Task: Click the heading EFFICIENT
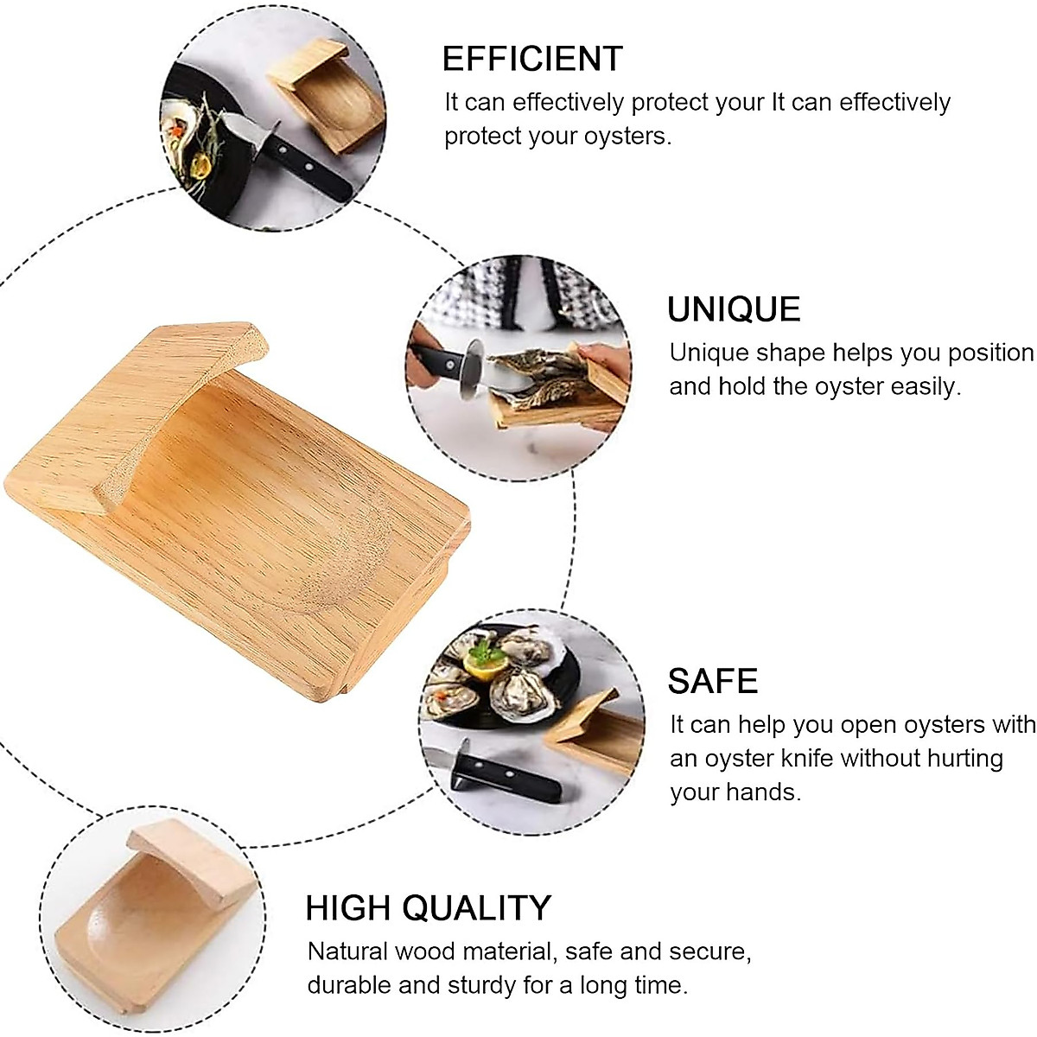[x=531, y=59]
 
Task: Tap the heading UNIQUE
[x=734, y=309]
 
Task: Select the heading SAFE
[x=712, y=682]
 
